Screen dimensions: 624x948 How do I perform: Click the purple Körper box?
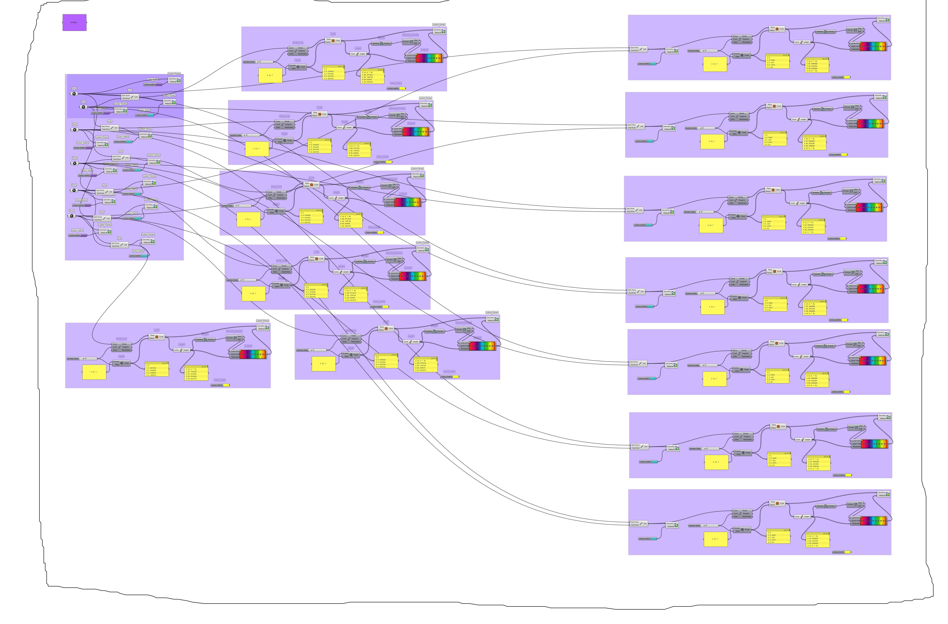[x=74, y=22]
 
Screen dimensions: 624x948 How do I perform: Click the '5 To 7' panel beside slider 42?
[x=94, y=372]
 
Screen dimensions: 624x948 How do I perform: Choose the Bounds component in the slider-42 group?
[x=205, y=340]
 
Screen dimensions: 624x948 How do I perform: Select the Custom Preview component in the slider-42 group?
[x=263, y=327]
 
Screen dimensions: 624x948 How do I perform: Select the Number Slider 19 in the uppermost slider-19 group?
[x=258, y=62]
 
